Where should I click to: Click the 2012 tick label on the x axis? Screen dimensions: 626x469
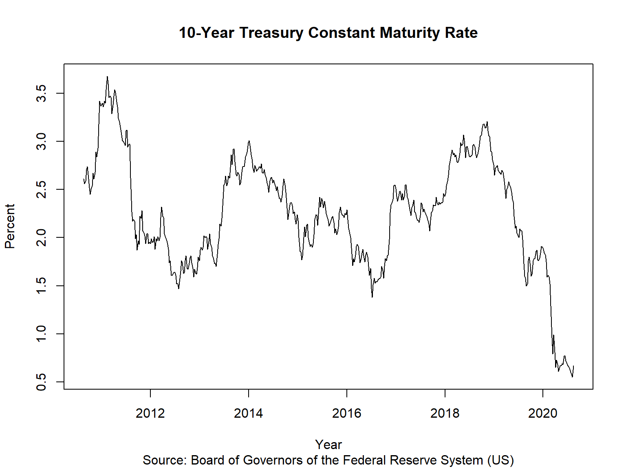coord(150,413)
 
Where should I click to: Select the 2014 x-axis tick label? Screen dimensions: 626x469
coord(249,413)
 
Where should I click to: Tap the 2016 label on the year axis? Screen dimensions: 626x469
coord(346,413)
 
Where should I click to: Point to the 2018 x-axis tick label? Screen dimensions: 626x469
coord(445,413)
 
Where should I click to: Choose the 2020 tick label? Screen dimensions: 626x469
coord(543,413)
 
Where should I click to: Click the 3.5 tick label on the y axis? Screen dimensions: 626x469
coord(41,93)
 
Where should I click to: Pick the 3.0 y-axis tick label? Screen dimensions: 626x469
coord(41,141)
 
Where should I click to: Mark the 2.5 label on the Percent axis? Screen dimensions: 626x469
coord(41,189)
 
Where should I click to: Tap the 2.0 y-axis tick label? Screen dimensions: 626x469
coord(41,237)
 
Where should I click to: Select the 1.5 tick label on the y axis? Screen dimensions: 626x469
coord(41,286)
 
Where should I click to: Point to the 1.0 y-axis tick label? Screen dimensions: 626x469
coord(41,334)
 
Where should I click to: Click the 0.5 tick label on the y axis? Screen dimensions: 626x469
coord(41,382)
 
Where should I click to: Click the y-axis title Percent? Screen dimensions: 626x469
coord(10,226)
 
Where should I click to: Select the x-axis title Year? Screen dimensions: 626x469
coord(328,445)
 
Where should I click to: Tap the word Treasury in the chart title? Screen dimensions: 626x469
coord(271,33)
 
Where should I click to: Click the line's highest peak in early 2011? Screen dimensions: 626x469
coord(107,77)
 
